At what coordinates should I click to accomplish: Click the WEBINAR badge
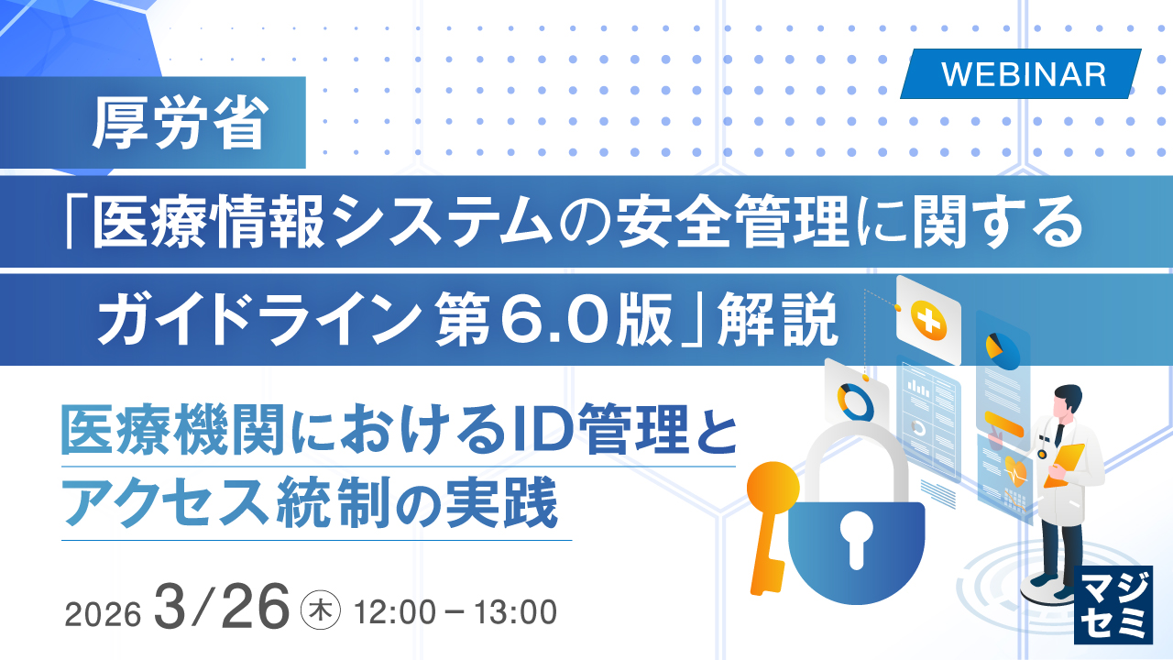click(1021, 74)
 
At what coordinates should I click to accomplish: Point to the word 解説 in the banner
click(778, 319)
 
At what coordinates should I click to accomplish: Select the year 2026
click(104, 613)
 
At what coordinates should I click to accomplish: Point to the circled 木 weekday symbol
click(321, 611)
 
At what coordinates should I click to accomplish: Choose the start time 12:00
click(395, 612)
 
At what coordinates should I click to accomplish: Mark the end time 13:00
click(515, 612)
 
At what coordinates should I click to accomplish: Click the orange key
click(771, 523)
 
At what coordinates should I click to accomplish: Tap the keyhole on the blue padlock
click(856, 541)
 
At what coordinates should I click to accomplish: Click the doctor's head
click(1068, 403)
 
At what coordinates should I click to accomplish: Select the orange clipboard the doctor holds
click(1064, 465)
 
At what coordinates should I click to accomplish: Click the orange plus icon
click(928, 321)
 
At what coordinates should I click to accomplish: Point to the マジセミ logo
click(1113, 605)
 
